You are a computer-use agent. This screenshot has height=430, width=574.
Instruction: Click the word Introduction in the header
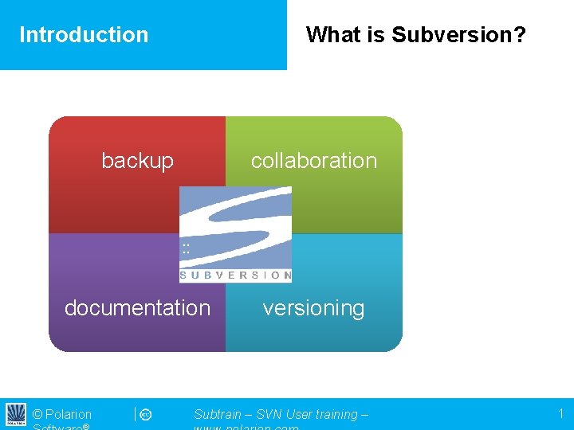[x=84, y=35]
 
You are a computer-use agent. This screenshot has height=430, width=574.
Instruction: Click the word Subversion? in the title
[x=458, y=35]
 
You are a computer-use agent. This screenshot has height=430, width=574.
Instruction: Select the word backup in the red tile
[x=137, y=161]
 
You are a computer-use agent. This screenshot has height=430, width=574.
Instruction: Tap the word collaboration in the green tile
[x=313, y=161]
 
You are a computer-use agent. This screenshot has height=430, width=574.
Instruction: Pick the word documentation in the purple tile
[x=137, y=308]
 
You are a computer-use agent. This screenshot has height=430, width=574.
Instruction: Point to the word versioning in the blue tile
[x=313, y=308]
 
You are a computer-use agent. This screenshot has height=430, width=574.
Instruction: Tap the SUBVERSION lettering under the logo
[x=235, y=276]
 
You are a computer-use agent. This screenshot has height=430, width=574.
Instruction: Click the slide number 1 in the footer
[x=560, y=414]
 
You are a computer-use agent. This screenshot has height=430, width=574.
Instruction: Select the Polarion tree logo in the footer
[x=16, y=414]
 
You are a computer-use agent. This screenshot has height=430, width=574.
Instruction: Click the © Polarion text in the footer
[x=62, y=415]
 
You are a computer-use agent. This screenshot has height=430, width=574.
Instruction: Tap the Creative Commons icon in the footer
[x=146, y=415]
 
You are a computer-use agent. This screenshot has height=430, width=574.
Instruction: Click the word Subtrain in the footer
[x=218, y=415]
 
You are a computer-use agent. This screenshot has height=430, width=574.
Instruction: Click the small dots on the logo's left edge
[x=186, y=248]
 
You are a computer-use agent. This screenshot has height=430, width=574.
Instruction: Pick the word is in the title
[x=374, y=35]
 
